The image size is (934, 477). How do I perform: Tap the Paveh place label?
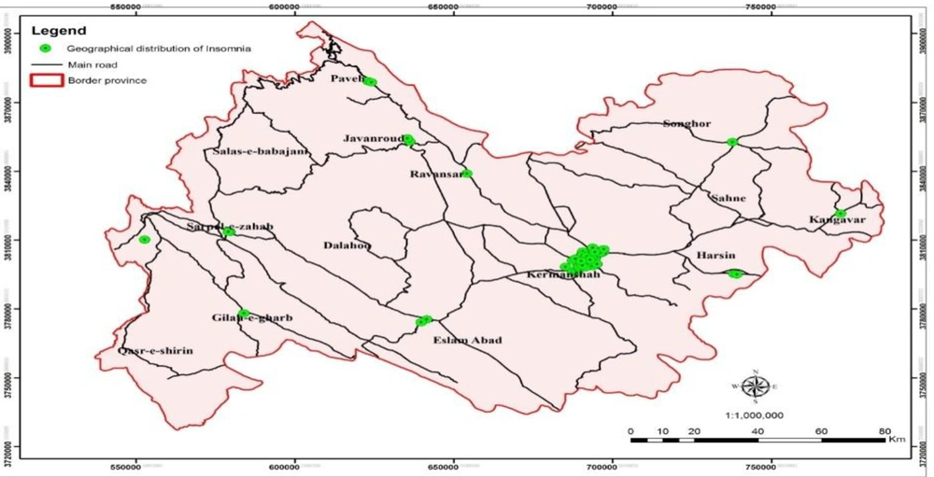(x=347, y=79)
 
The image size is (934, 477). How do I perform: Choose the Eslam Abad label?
(x=468, y=341)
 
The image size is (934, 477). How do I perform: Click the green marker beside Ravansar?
(x=467, y=173)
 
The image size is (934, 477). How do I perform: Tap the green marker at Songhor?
(x=732, y=142)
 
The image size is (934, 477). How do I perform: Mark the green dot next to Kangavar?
(x=840, y=214)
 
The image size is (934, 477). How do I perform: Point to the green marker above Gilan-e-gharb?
(x=245, y=313)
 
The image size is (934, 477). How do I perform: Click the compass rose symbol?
(x=756, y=386)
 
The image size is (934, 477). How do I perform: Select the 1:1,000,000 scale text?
(x=756, y=414)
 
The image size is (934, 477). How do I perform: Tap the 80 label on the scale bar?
(x=883, y=430)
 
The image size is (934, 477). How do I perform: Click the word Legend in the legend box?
(x=58, y=31)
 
